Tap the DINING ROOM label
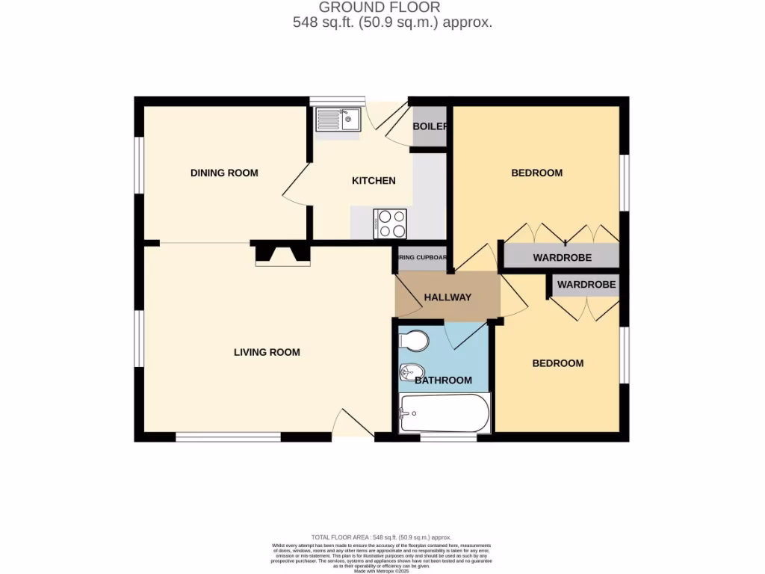[224, 173]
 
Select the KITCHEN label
[374, 180]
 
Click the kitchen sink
[338, 120]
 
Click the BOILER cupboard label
[430, 126]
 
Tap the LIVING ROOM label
[267, 352]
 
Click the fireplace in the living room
[282, 254]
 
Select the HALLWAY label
[447, 297]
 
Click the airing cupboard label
[422, 258]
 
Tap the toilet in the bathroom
[413, 342]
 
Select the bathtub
[444, 413]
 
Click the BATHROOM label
[443, 380]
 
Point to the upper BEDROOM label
[536, 173]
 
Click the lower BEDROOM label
[557, 363]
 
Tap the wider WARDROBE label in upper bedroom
[562, 257]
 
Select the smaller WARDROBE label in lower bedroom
[586, 285]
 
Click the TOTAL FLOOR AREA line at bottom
[382, 537]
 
